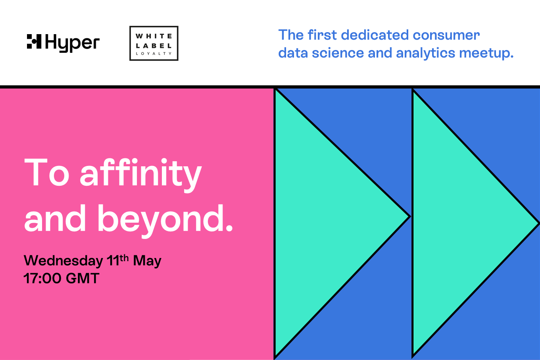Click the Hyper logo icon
point(34,41)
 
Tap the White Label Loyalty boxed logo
point(154,43)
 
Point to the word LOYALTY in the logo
point(154,54)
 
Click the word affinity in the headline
point(141,173)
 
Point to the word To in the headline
point(47,173)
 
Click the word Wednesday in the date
point(63,261)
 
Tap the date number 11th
point(118,260)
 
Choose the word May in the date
point(147,261)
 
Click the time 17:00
point(42,278)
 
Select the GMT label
point(83,278)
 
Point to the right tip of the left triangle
point(409,216)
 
